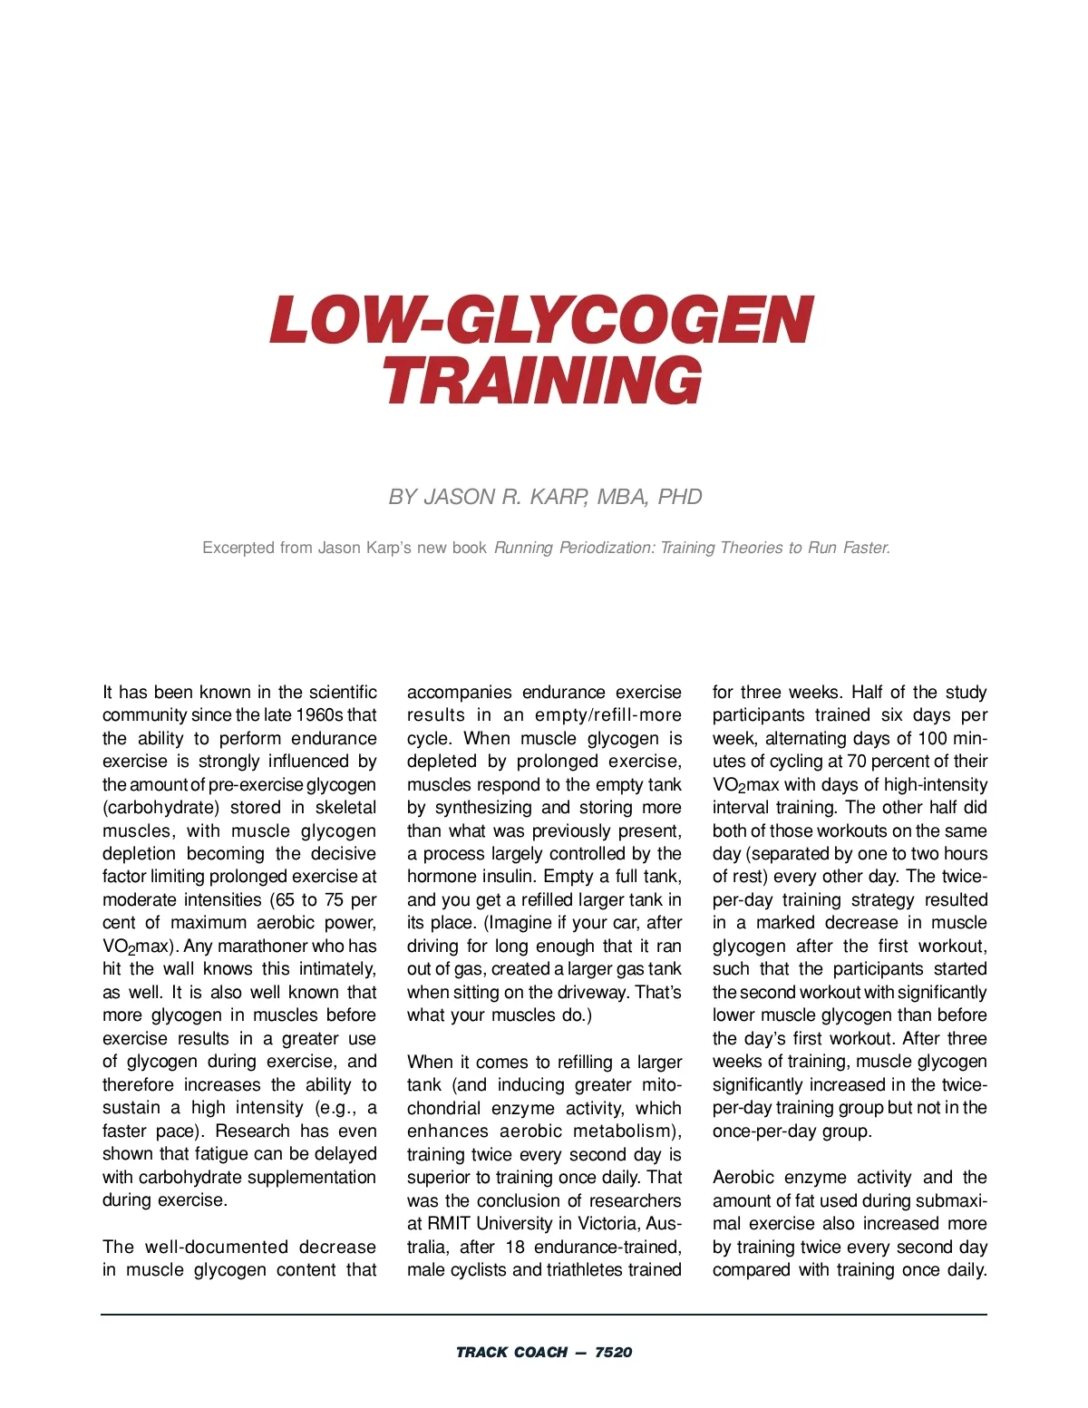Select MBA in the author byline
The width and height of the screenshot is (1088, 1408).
tap(623, 497)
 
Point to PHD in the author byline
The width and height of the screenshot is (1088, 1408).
tap(680, 497)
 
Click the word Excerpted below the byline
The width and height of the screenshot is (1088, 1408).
tap(238, 548)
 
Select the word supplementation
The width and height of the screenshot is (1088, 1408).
tap(312, 1178)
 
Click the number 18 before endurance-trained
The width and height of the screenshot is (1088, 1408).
tap(515, 1248)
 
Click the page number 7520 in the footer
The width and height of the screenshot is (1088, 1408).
tap(614, 1353)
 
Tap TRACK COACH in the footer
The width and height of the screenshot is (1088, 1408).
tap(511, 1353)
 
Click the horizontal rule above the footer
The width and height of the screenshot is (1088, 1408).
tap(544, 1314)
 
